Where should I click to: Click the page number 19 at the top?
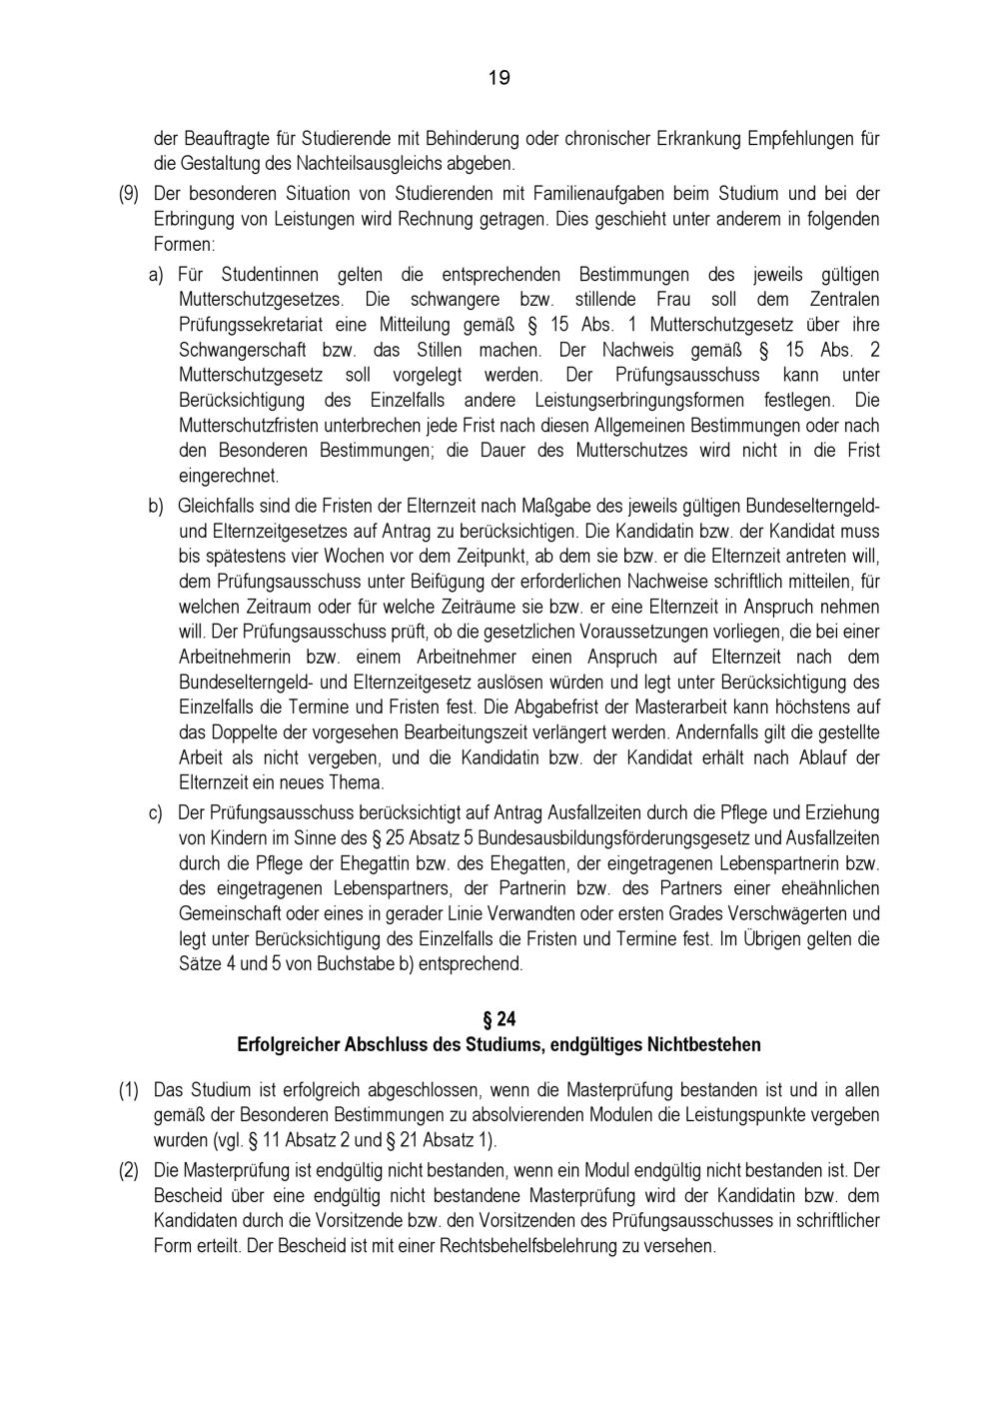point(499,77)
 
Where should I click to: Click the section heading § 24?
point(499,1018)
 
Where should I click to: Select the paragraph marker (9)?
point(129,193)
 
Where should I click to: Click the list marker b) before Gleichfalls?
point(156,506)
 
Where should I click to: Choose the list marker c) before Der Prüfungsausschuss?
point(156,812)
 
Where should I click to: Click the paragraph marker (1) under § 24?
point(129,1089)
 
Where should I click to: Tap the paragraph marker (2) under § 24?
point(129,1169)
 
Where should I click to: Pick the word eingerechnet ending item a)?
point(229,476)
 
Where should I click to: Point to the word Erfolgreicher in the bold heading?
point(289,1045)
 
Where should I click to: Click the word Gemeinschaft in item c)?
point(230,913)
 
